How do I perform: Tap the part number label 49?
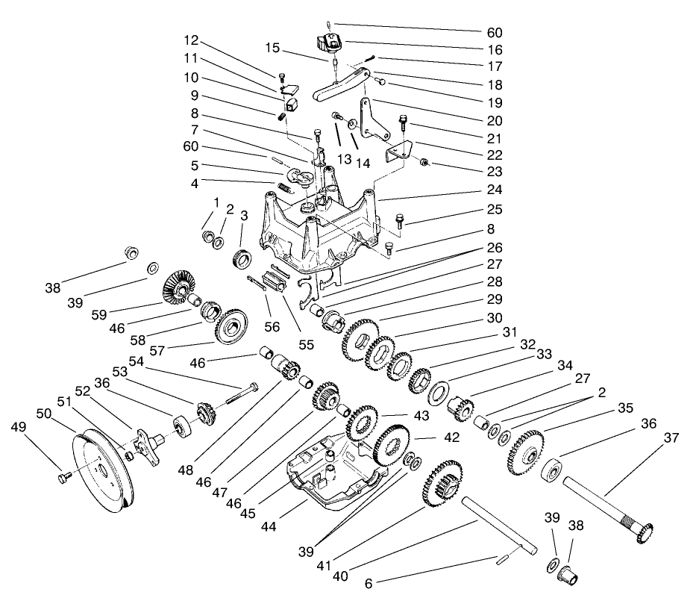[19, 427]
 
